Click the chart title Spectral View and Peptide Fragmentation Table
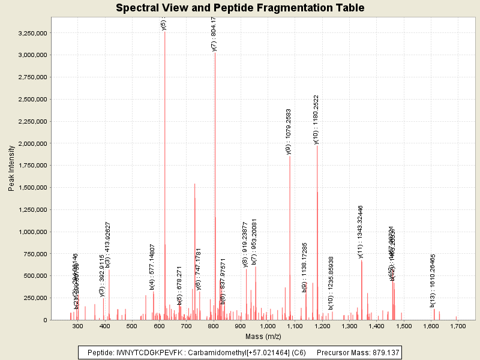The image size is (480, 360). [x=240, y=8]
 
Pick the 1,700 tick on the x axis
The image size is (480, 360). [x=457, y=326]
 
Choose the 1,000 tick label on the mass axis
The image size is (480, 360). [x=268, y=326]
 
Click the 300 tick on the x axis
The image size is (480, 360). [x=78, y=326]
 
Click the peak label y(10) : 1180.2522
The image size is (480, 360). [x=316, y=119]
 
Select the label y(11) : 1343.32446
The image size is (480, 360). [x=361, y=232]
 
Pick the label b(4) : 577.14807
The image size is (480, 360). [x=152, y=267]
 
